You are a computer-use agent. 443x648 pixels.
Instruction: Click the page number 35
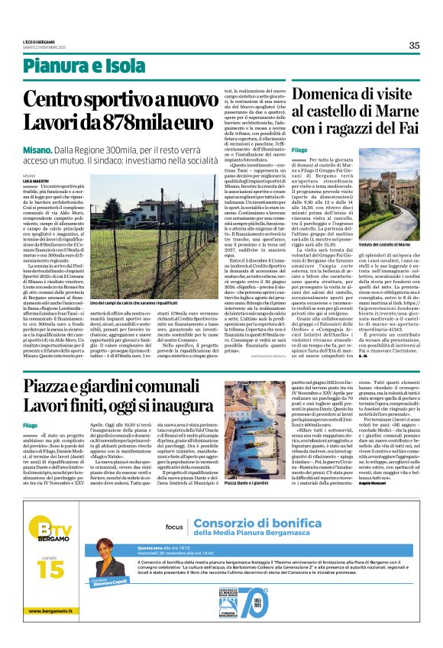413,46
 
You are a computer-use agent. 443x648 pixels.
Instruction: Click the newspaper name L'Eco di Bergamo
58,40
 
